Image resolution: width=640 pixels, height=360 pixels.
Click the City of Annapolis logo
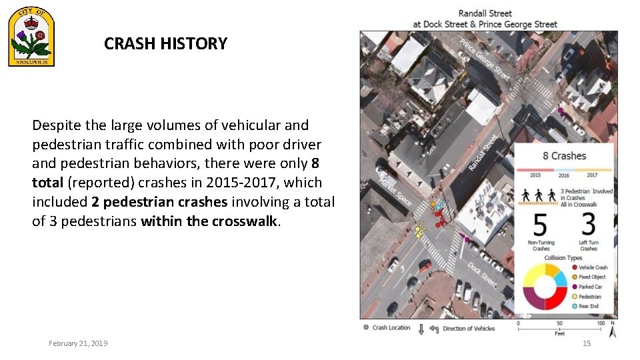coord(31,39)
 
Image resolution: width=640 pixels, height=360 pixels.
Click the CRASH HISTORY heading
coord(165,44)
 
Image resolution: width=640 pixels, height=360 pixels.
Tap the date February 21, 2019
coord(78,343)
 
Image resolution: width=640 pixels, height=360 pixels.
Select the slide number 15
coord(587,343)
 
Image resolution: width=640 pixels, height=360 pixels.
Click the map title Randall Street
coord(485,13)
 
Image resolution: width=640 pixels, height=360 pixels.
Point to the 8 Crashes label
coord(564,156)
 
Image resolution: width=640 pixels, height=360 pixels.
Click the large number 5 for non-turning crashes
coord(541,225)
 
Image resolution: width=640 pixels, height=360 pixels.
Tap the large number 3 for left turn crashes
coord(588,225)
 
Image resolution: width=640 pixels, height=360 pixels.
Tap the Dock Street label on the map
coord(481,274)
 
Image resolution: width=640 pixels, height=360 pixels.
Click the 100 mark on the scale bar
coord(600,323)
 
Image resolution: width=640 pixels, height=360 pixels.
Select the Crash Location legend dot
coord(366,327)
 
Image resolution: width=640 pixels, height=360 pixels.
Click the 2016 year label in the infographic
coord(564,175)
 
